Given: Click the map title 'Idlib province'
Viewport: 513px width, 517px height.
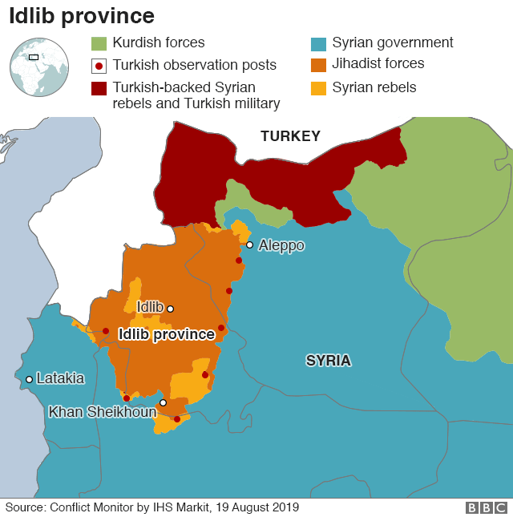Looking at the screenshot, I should [x=82, y=15].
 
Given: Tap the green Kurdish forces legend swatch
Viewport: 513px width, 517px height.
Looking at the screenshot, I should [x=99, y=43].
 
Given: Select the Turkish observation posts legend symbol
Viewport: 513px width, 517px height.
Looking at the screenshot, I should [x=99, y=66].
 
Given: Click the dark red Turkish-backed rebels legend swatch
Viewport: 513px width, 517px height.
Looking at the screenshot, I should [x=99, y=87].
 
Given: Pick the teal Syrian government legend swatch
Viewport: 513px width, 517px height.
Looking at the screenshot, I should [x=318, y=43].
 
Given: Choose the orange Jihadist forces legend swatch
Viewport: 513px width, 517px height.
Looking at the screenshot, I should [x=318, y=64].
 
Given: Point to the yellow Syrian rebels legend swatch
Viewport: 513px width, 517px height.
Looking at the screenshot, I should [x=318, y=87].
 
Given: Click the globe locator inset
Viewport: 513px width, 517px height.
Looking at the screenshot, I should [x=38, y=67].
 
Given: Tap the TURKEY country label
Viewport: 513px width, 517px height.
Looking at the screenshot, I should [x=290, y=136].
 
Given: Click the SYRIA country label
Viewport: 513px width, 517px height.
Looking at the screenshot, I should [x=328, y=361].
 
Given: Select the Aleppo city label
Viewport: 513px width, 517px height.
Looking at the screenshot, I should [x=281, y=245].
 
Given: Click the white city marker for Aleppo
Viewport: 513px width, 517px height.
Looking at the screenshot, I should [x=250, y=245].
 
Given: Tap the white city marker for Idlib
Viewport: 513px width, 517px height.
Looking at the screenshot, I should [x=170, y=308].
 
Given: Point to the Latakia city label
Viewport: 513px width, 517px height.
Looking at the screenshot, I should [x=60, y=378].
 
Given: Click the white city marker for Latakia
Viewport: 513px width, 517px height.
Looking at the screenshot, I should [x=29, y=379].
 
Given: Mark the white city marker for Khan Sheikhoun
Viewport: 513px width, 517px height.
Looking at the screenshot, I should [x=163, y=403].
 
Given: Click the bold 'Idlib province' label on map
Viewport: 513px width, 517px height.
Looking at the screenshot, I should [x=166, y=334].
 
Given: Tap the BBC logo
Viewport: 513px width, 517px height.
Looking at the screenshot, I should [x=487, y=507].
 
